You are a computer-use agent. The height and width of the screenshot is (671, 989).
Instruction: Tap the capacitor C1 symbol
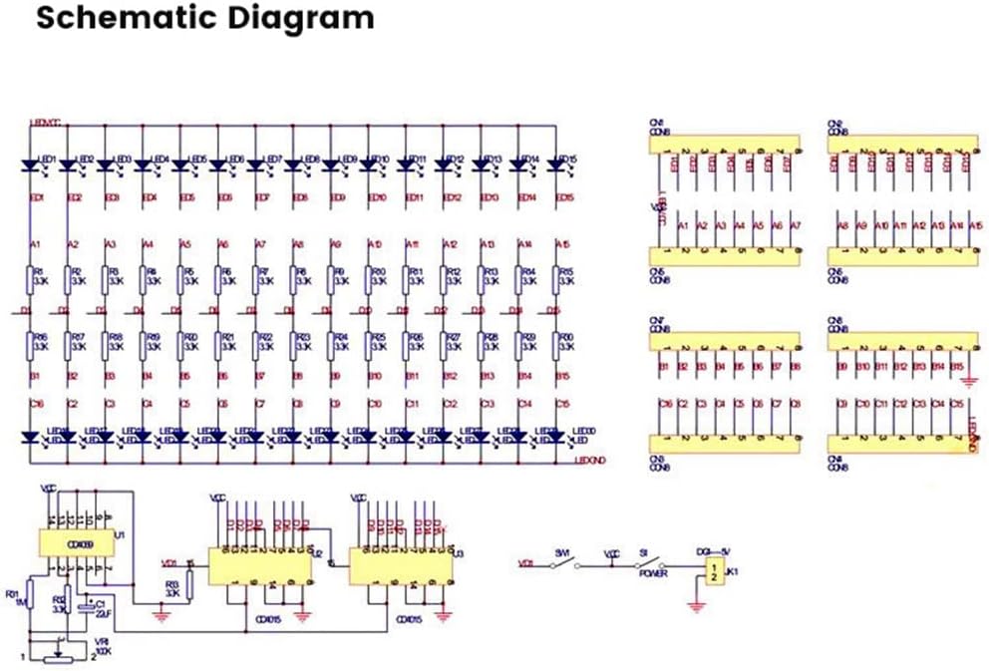[91, 607]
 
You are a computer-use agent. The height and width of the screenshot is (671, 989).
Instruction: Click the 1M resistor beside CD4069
[30, 596]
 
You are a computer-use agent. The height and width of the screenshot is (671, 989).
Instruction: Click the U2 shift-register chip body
[258, 567]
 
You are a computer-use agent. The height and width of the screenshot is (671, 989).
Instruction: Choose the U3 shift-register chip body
[400, 567]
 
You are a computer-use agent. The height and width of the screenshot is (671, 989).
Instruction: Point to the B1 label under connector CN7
[662, 368]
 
